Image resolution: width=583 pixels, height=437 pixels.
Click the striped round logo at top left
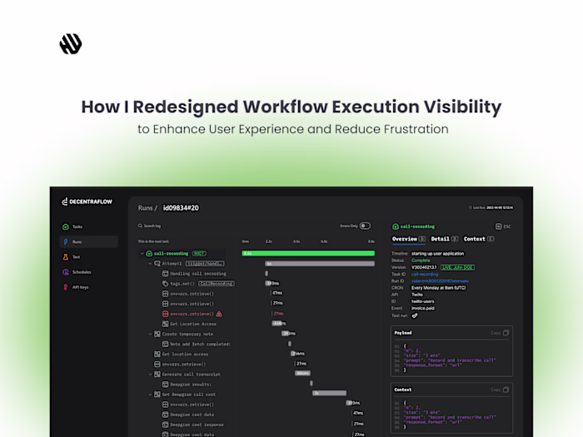71,44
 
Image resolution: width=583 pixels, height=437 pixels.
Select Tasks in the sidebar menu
77,226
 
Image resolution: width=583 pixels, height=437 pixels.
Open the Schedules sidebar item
82,271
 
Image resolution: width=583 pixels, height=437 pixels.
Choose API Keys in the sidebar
81,286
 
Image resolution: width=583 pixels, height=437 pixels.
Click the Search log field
151,226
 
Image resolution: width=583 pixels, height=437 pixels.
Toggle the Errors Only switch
365,226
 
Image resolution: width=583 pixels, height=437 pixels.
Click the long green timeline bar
308,253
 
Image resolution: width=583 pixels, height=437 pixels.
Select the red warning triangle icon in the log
219,314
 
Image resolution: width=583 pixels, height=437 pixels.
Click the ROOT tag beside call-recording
198,253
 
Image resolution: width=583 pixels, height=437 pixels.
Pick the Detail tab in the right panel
439,239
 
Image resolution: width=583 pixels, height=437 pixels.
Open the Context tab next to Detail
475,239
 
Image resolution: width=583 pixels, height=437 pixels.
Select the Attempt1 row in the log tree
172,263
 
